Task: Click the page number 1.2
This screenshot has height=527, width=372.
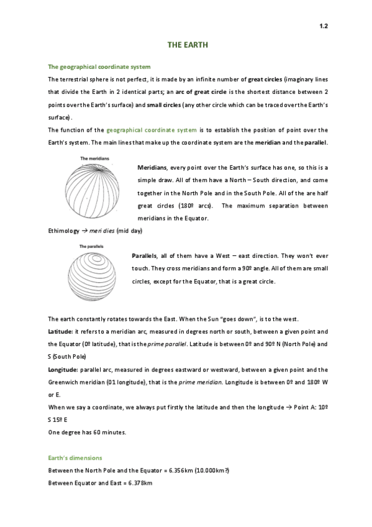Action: pyautogui.click(x=323, y=26)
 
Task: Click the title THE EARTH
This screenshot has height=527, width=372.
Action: pyautogui.click(x=188, y=46)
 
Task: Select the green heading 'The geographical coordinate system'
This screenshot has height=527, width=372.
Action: pyautogui.click(x=99, y=66)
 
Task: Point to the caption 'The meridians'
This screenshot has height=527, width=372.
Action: pyautogui.click(x=95, y=159)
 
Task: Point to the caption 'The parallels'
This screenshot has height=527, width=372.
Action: pyautogui.click(x=91, y=247)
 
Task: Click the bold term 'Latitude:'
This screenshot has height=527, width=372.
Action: pyautogui.click(x=60, y=331)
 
